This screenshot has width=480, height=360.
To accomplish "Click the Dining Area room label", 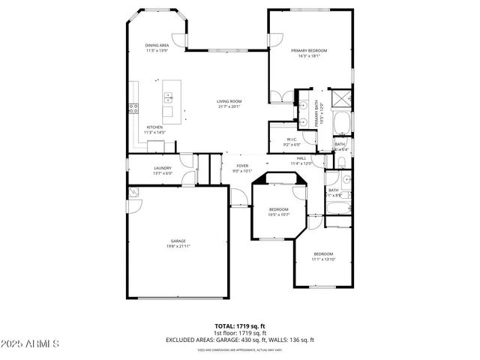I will tap(157, 48).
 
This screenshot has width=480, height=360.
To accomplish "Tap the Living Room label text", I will tap(229, 103).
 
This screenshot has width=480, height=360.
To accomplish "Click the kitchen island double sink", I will tap(169, 97).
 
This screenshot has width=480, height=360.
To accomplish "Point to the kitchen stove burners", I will tap(134, 106).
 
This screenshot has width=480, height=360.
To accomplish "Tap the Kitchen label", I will tap(154, 130).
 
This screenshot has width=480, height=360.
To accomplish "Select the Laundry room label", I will tap(163, 170).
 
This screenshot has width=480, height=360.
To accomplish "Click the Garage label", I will tap(177, 243).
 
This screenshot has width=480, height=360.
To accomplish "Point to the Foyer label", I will tap(242, 168).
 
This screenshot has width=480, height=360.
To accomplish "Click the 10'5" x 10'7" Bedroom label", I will tap(278, 211).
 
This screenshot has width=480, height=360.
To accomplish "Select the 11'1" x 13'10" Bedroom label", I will tap(323, 256).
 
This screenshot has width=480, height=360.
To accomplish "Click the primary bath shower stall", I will tap(342, 99).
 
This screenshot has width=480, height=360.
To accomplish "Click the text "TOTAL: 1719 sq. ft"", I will tap(239, 326).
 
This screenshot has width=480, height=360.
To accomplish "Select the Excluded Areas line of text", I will tap(239, 340).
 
